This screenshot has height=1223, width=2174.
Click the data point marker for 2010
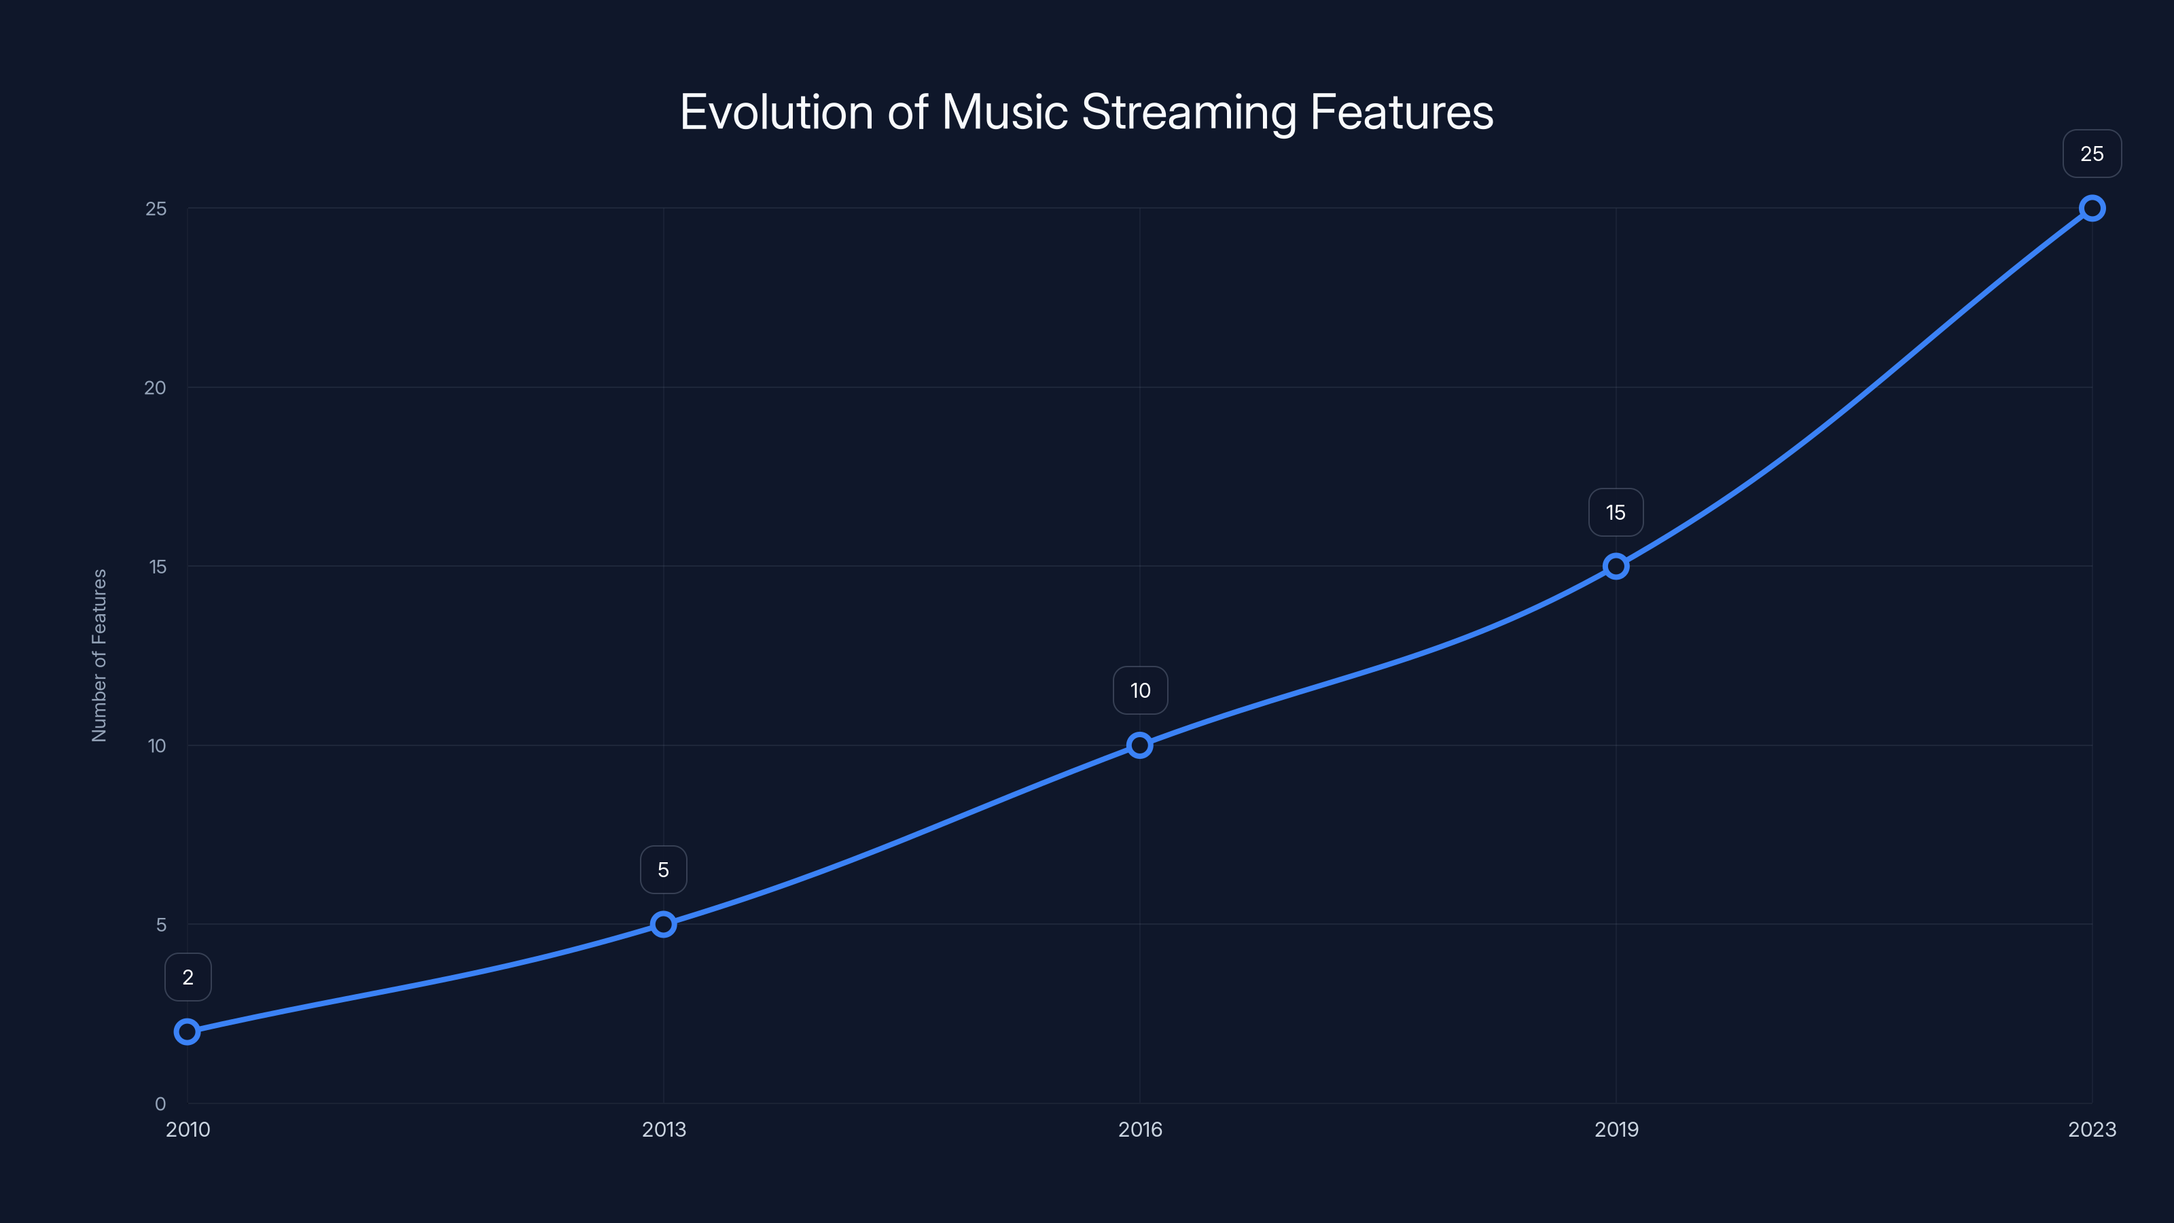pyautogui.click(x=188, y=1031)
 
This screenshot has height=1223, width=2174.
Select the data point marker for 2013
pyautogui.click(x=663, y=924)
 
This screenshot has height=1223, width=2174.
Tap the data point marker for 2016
pyautogui.click(x=1139, y=745)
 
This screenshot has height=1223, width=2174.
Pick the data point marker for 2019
pyautogui.click(x=1616, y=567)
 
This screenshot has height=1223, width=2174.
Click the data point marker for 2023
pyautogui.click(x=2091, y=209)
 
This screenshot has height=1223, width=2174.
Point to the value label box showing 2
pyautogui.click(x=188, y=978)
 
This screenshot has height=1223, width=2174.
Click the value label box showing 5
pyautogui.click(x=663, y=870)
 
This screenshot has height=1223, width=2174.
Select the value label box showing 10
pyautogui.click(x=1140, y=690)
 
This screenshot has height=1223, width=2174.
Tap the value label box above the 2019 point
pyautogui.click(x=1616, y=512)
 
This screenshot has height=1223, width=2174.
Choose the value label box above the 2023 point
pyautogui.click(x=2091, y=154)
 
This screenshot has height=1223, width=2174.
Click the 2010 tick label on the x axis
pyautogui.click(x=188, y=1129)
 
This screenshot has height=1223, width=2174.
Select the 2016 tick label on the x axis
pyautogui.click(x=1139, y=1129)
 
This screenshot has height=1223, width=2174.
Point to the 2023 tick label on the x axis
pyautogui.click(x=2091, y=1129)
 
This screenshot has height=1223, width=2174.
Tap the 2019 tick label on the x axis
pyautogui.click(x=1616, y=1129)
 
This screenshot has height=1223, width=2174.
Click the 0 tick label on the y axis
pyautogui.click(x=160, y=1104)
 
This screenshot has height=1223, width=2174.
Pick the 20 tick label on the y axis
pyautogui.click(x=156, y=387)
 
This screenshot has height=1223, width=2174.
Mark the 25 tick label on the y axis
pyautogui.click(x=156, y=209)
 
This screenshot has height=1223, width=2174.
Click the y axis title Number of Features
pyautogui.click(x=99, y=655)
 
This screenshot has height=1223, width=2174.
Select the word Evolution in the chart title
pyautogui.click(x=776, y=112)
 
